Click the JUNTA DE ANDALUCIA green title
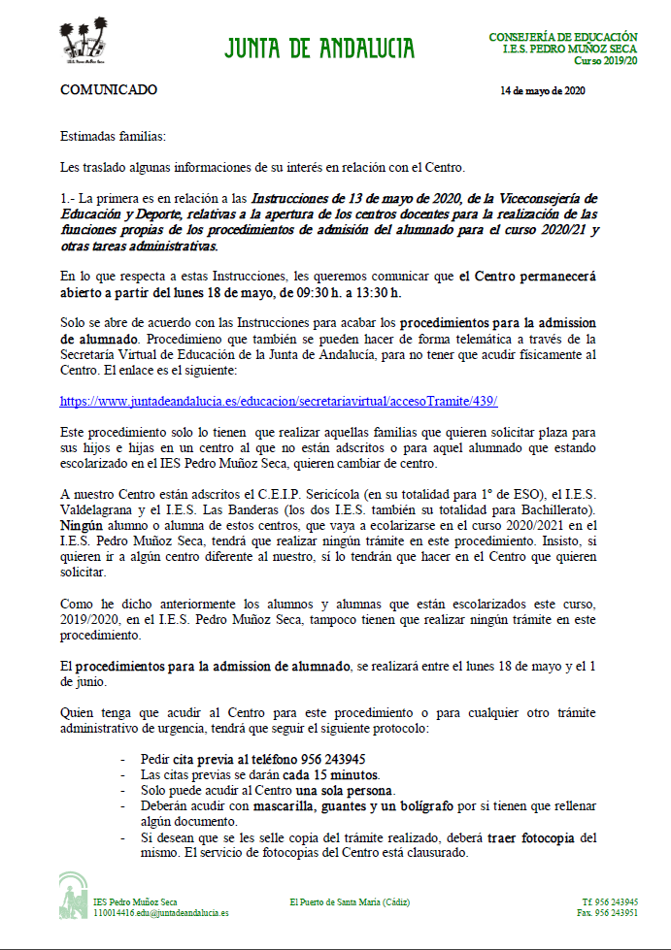tap(319, 49)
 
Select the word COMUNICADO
tap(109, 90)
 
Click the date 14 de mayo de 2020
tap(542, 91)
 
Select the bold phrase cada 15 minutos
tap(330, 775)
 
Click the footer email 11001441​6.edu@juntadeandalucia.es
tap(161, 913)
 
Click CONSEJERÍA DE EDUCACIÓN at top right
tap(563, 36)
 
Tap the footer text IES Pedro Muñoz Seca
tap(135, 901)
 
